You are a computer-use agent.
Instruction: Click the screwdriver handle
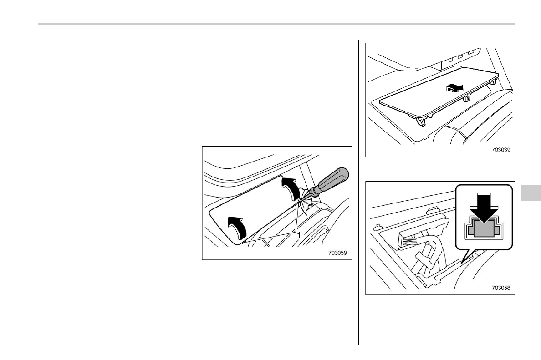[332, 178]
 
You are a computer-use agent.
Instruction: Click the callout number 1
[299, 234]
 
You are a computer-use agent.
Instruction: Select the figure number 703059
[337, 253]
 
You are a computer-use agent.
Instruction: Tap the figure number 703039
[501, 150]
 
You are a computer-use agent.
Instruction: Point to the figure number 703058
[501, 288]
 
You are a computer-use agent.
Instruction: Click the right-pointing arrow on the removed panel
[455, 88]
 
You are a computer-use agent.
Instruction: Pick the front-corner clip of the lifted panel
[421, 120]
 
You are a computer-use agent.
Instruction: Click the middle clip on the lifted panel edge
[467, 98]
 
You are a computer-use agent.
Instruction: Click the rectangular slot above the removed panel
[471, 52]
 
